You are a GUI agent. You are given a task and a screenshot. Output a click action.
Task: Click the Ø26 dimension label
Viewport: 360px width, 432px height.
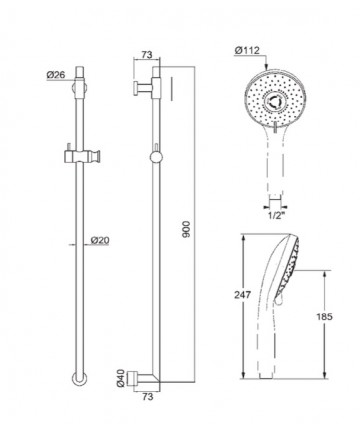(x=56, y=75)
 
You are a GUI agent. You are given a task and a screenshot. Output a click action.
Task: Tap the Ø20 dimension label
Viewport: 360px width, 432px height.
(x=100, y=240)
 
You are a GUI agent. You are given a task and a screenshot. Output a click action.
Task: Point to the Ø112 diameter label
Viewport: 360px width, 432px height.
(x=247, y=51)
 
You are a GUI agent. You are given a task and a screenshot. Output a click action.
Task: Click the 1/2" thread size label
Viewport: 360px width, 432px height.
(x=276, y=214)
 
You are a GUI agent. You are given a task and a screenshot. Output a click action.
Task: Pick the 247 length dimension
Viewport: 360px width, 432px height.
(x=242, y=295)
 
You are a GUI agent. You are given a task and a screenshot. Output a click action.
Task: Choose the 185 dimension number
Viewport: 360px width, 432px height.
(x=324, y=316)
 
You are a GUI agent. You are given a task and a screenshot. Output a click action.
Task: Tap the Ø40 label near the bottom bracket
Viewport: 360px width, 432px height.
(x=121, y=378)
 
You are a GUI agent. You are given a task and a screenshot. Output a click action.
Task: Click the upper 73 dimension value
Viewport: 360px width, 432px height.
(x=147, y=54)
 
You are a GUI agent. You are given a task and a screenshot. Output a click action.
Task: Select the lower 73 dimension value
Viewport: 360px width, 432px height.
(x=147, y=397)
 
